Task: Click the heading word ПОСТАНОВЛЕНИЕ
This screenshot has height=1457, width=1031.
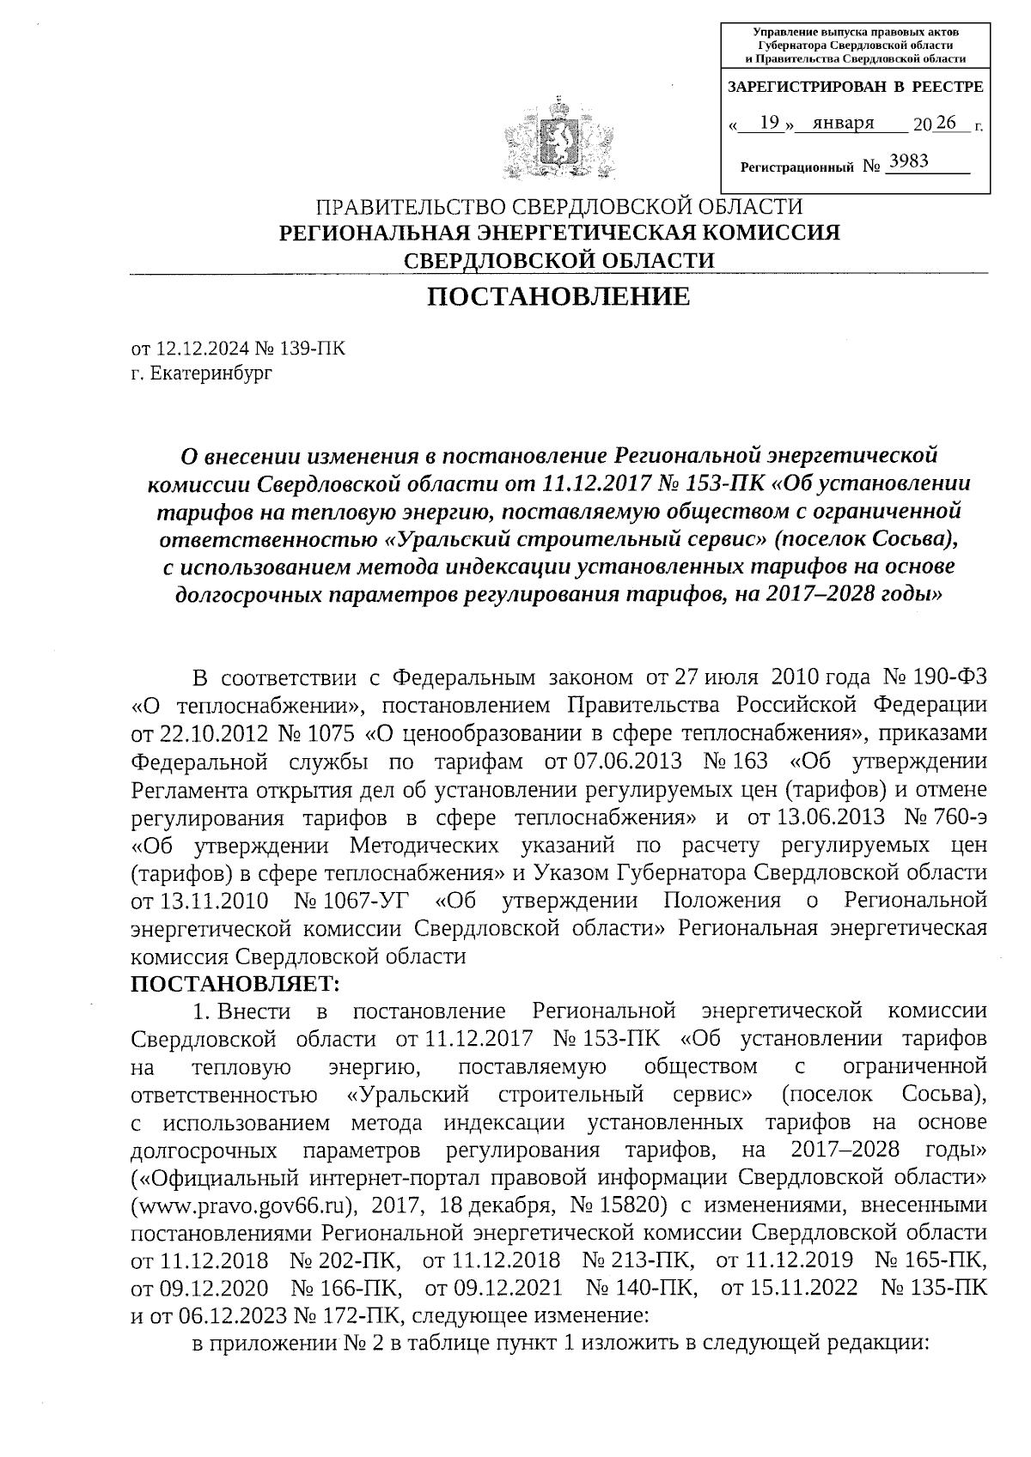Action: click(558, 297)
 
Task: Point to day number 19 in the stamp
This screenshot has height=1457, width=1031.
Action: click(770, 123)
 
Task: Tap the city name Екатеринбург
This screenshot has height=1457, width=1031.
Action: click(210, 373)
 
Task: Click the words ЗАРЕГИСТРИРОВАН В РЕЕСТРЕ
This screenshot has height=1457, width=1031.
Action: click(855, 88)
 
